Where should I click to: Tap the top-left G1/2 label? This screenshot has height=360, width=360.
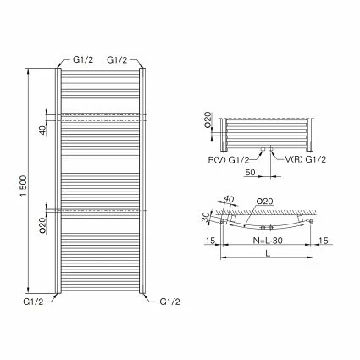(83, 60)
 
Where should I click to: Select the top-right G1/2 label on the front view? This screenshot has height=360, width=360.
(118, 60)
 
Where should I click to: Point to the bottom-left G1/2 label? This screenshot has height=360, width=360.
(35, 300)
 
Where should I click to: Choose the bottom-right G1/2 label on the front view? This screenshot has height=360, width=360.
(169, 300)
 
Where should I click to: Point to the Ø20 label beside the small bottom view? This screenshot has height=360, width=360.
(208, 119)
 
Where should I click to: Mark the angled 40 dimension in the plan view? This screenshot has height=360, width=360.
(227, 201)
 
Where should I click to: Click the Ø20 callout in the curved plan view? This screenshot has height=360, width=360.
(263, 202)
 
